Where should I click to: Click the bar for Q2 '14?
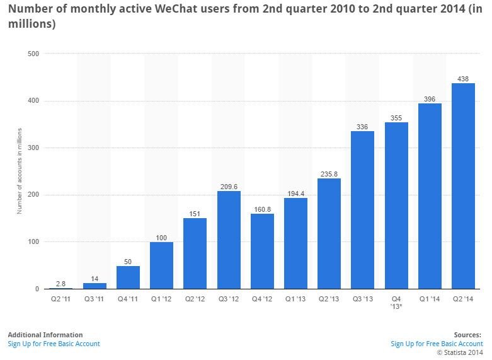[463, 186]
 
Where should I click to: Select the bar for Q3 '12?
[228, 240]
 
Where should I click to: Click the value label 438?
[463, 79]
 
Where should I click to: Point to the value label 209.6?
[228, 187]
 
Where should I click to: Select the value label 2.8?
[61, 284]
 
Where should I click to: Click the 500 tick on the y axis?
[33, 54]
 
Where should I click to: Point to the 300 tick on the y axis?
[33, 148]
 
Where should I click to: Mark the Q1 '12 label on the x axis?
[161, 299]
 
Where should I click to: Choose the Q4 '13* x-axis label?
[396, 303]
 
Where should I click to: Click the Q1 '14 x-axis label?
[430, 299]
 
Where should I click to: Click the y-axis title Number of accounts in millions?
[20, 171]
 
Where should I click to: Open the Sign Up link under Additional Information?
[54, 344]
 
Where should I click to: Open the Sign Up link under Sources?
[437, 344]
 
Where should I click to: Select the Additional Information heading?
[45, 335]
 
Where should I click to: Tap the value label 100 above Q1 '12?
[161, 237]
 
